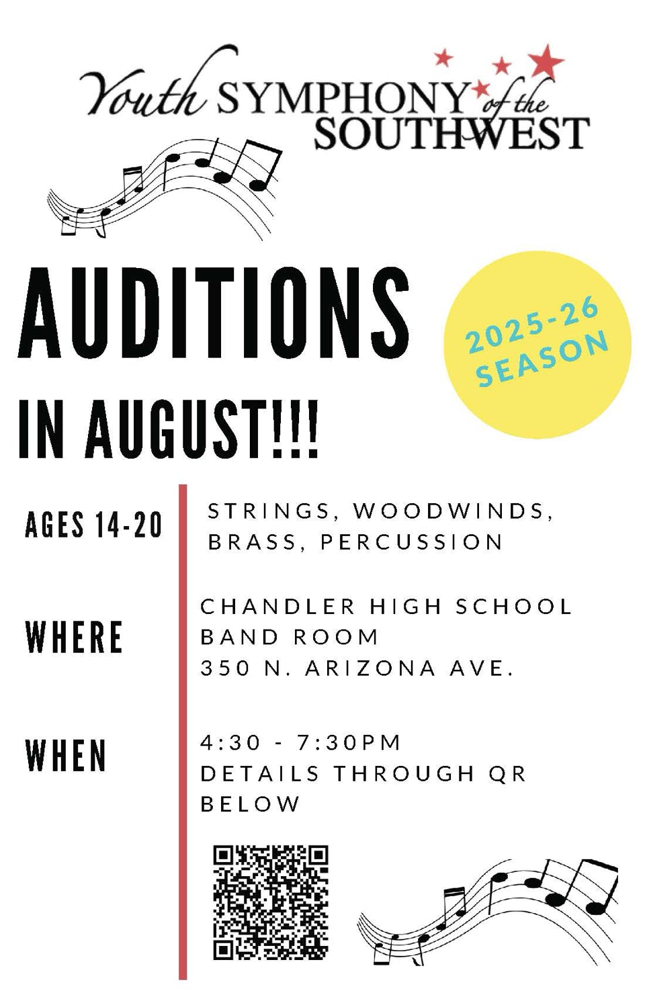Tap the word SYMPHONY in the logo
coord(343,98)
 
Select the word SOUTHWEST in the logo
coord(452,133)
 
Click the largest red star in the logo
coord(546,61)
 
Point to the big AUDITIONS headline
coord(213,312)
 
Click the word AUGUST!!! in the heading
coord(202,429)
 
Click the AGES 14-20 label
coord(93,525)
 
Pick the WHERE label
coord(74,637)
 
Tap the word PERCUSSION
coord(412,542)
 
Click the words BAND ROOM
coord(290,637)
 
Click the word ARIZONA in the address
coord(370,668)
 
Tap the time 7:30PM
coord(349,742)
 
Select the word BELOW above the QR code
coord(250,804)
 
